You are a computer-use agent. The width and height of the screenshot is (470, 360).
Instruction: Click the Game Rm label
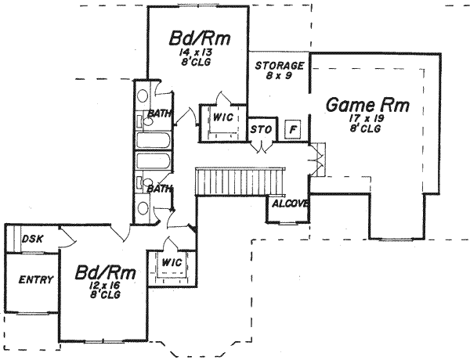(x=367, y=104)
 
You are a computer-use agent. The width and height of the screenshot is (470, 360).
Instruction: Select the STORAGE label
(x=280, y=66)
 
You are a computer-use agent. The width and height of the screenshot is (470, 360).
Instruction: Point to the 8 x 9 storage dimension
(x=280, y=77)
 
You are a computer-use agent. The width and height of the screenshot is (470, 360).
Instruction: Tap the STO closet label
(x=260, y=129)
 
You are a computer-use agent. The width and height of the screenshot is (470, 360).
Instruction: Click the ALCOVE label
(x=288, y=204)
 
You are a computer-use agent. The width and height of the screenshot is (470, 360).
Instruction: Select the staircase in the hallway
(x=238, y=180)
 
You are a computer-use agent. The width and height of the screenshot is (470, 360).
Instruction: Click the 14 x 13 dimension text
(x=194, y=52)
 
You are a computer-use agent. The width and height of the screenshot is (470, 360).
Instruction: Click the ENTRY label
(x=35, y=279)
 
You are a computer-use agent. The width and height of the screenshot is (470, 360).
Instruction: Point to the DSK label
(x=32, y=239)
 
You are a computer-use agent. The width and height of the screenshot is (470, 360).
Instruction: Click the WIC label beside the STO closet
(x=219, y=117)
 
